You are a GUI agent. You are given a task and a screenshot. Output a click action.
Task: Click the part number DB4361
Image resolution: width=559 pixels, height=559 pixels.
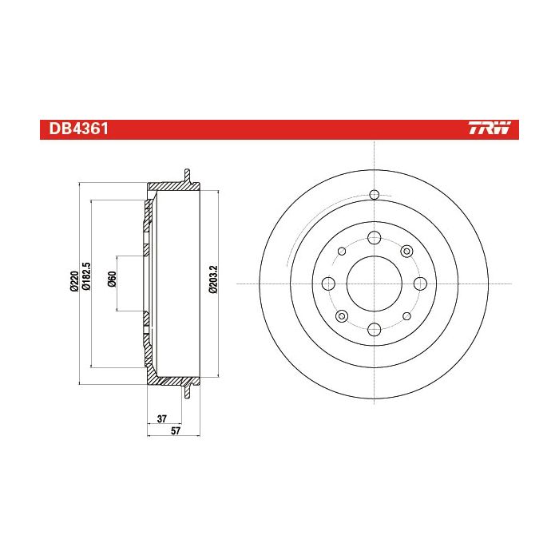click(x=78, y=129)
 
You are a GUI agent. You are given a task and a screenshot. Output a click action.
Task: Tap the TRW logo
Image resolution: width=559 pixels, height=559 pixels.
click(x=490, y=128)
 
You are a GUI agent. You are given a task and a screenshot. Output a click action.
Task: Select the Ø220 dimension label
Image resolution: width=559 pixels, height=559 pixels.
click(x=74, y=281)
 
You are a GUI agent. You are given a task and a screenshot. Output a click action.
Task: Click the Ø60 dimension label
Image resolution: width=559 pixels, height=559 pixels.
click(x=112, y=279)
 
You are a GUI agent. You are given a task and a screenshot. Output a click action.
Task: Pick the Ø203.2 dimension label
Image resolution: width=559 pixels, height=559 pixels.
click(x=213, y=279)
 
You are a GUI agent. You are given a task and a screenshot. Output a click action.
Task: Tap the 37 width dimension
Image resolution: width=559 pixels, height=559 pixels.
click(x=162, y=418)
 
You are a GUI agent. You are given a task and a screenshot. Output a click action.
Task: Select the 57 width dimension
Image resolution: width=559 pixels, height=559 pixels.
click(x=176, y=430)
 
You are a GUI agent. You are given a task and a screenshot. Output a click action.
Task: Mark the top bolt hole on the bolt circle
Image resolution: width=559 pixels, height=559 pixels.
click(x=375, y=238)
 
